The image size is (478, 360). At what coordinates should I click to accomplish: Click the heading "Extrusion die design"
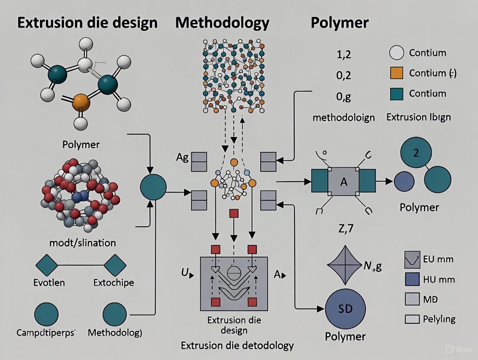coord(87,22)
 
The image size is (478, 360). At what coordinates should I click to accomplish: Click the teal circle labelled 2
coord(416,154)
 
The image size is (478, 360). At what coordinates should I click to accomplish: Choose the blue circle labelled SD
coord(345,309)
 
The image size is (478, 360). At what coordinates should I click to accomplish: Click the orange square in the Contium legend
coord(397,73)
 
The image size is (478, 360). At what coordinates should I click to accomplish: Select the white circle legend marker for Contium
coord(397,53)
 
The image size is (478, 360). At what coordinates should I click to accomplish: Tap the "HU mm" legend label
coord(439,280)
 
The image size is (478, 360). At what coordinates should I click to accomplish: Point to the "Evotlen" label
coord(49,283)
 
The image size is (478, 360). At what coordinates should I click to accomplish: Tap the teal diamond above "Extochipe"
coord(115,265)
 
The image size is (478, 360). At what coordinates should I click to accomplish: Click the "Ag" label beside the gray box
coord(182,157)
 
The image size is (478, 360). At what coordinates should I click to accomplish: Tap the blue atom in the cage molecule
coord(78,197)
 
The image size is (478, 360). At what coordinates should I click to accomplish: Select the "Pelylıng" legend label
coord(439,319)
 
